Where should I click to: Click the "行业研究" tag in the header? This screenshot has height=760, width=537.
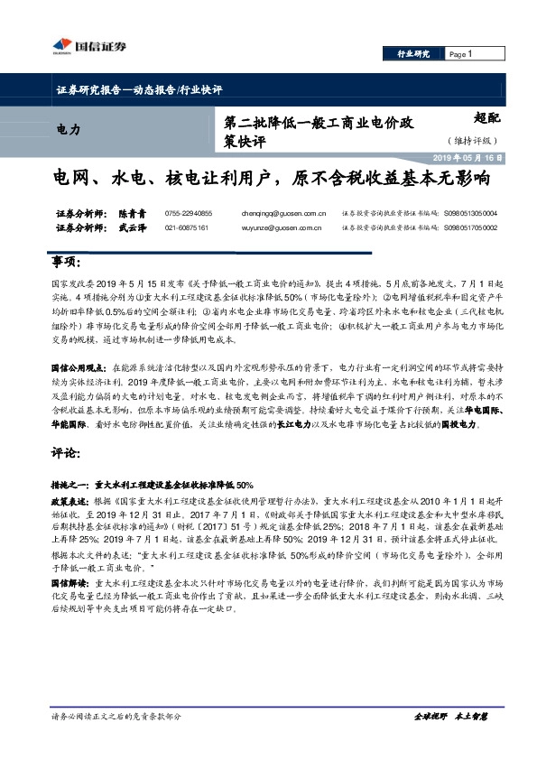413,54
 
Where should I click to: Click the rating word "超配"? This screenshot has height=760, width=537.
485,117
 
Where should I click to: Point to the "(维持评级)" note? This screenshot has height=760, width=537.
471,141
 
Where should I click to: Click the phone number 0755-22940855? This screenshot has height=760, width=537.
189,213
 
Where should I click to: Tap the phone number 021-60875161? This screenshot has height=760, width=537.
187,227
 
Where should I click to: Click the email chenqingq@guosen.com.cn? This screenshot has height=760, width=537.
283,213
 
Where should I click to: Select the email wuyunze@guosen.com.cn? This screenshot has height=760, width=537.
280,227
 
